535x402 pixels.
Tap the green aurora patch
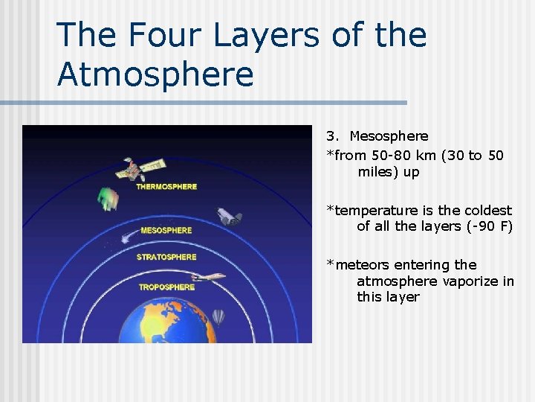(108, 198)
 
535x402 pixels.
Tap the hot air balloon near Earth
(218, 318)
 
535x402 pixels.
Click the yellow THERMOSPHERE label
(166, 186)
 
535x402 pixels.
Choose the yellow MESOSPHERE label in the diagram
(166, 231)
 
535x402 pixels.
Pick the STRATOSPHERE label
(166, 258)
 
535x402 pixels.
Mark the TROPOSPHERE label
(166, 287)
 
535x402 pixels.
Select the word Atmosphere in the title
(155, 74)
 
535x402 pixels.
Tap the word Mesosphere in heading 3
(389, 136)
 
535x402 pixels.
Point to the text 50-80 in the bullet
(395, 155)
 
